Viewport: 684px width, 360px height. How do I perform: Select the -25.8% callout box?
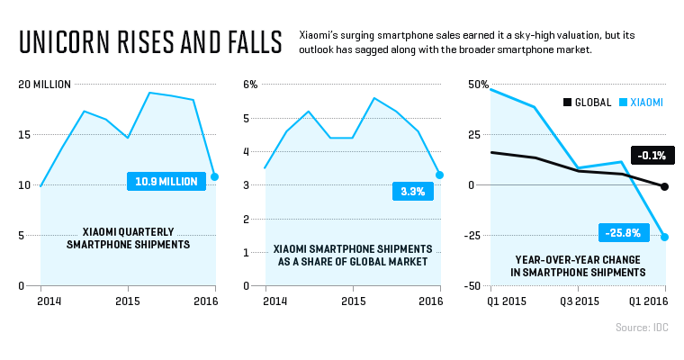623,233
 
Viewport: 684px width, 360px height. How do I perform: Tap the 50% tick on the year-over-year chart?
477,85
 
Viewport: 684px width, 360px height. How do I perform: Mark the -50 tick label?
477,286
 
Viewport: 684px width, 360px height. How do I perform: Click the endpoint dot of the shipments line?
214,176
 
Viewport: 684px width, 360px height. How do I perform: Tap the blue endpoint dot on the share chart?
439,175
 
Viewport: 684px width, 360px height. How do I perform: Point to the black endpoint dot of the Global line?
665,186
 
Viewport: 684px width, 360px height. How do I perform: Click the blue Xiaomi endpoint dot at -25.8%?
665,237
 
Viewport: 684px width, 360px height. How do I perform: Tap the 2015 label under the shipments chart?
127,301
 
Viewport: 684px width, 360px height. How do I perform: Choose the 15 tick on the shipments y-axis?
24,135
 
